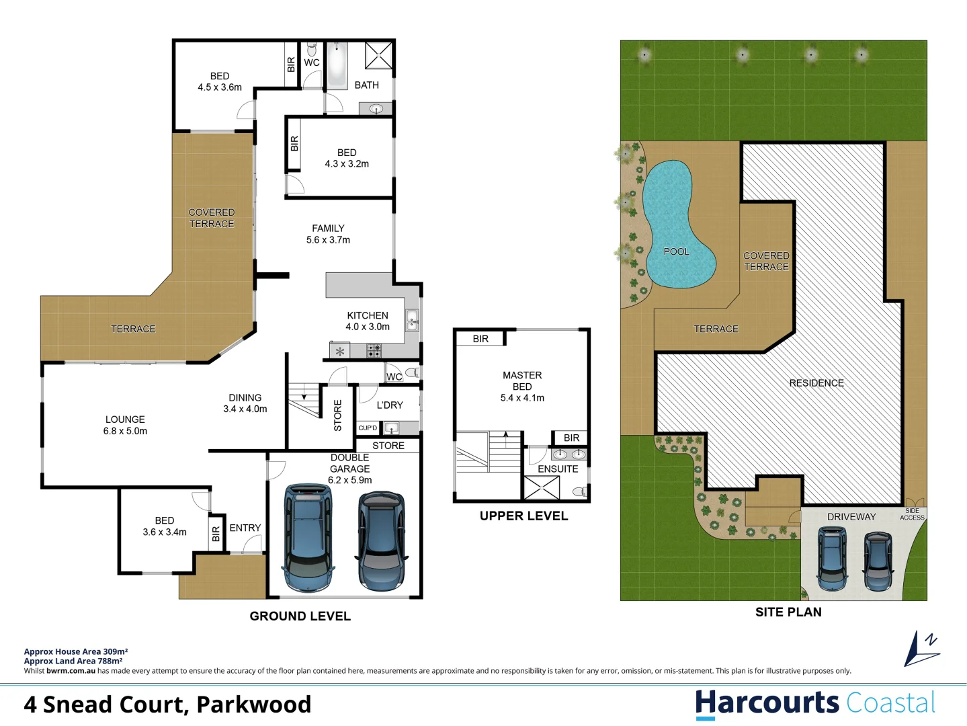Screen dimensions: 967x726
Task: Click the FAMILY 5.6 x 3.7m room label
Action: (328, 234)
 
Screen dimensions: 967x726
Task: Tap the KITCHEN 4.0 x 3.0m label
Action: (368, 321)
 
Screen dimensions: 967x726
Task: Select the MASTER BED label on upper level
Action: (522, 386)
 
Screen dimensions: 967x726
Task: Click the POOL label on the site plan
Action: (676, 251)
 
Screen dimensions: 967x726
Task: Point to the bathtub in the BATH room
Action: (337, 65)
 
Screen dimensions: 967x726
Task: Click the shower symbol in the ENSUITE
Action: (542, 488)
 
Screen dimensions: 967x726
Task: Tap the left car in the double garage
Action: (308, 538)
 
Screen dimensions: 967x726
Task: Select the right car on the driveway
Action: (878, 561)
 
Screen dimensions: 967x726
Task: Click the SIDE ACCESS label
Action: (912, 514)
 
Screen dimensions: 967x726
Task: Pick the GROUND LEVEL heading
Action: (300, 616)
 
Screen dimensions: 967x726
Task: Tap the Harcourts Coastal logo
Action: (814, 703)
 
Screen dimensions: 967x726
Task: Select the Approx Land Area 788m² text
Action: (73, 661)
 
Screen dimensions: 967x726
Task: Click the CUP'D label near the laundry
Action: (368, 428)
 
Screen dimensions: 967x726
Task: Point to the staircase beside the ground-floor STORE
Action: (304, 399)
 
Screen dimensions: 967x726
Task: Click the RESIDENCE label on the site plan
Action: (816, 382)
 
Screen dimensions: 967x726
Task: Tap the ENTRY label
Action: (245, 528)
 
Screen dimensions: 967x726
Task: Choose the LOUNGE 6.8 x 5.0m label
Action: (125, 425)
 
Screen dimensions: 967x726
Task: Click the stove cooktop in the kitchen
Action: (374, 350)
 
